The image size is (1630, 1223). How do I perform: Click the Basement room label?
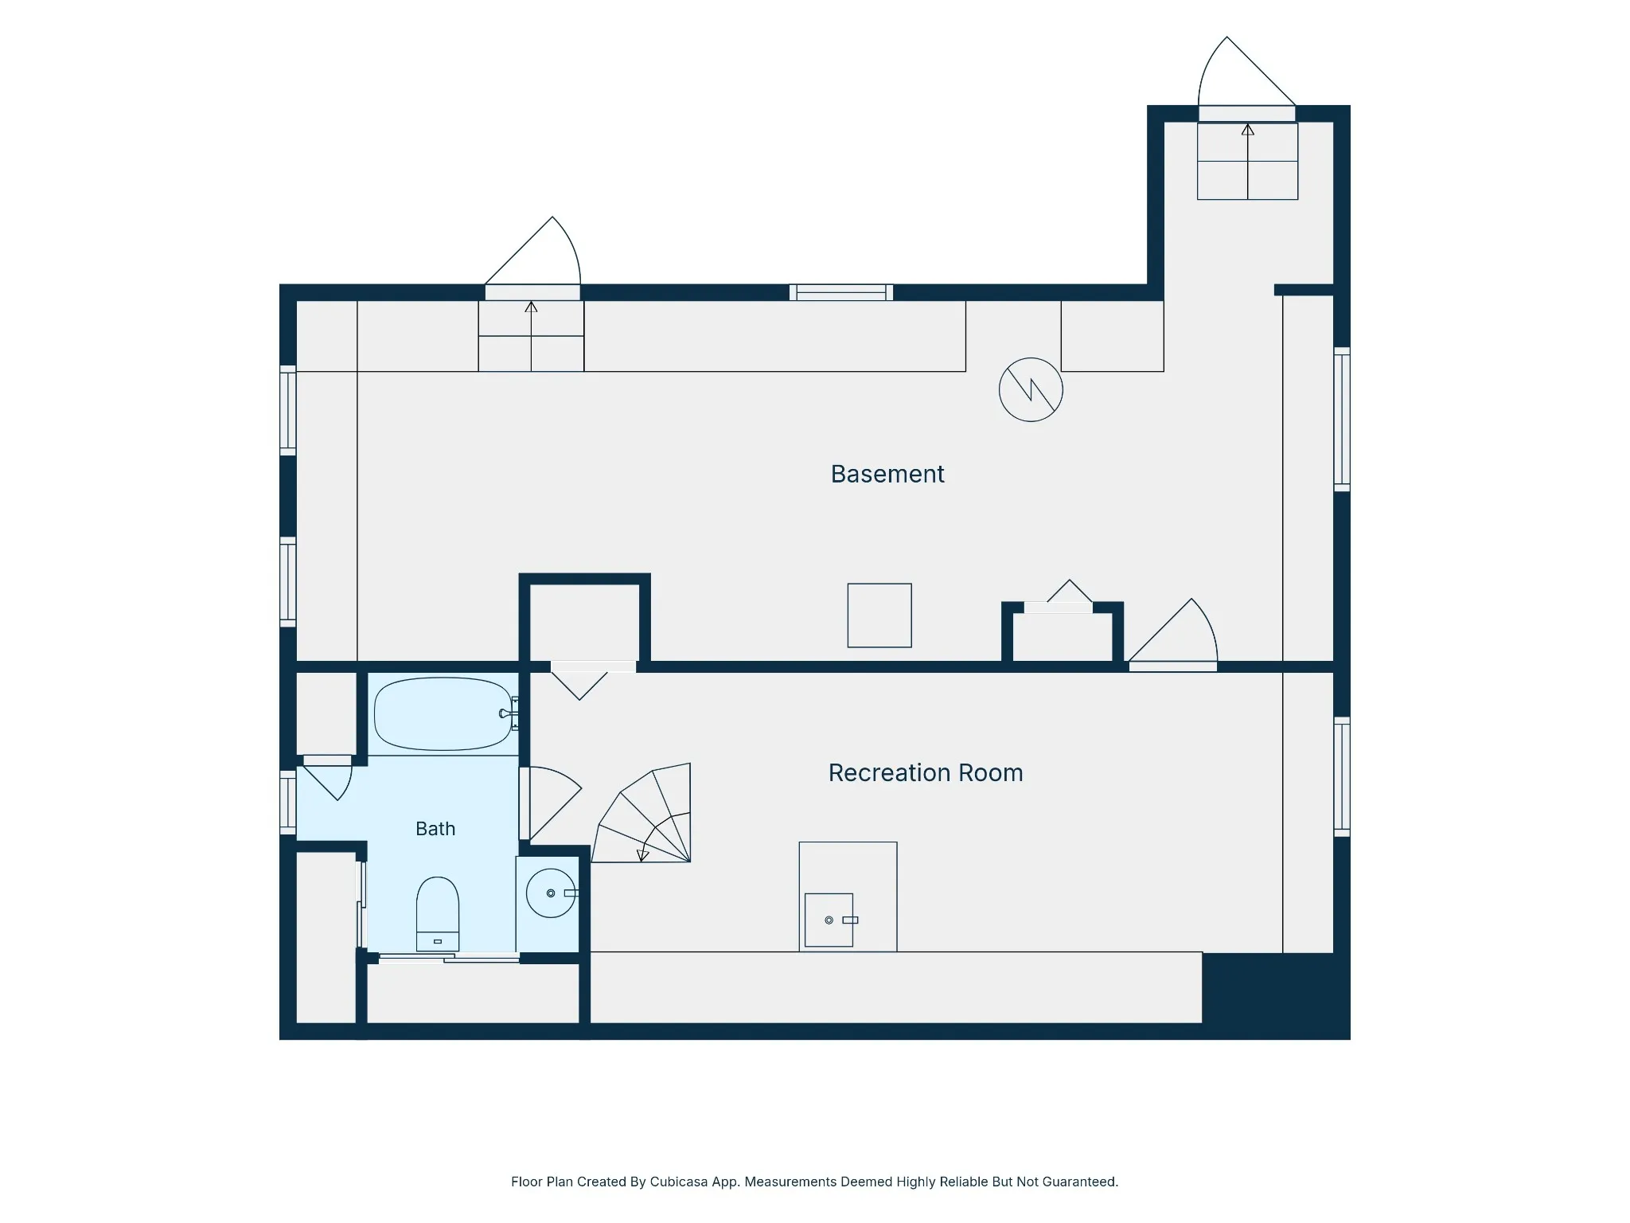[887, 474]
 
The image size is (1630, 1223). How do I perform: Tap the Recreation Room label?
[926, 772]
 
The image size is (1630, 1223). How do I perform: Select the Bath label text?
[435, 829]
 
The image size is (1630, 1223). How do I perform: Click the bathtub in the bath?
[443, 714]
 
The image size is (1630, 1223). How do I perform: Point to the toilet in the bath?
[438, 914]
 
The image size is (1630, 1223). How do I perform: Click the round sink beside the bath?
[551, 893]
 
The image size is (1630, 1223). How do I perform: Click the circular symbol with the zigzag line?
[1031, 389]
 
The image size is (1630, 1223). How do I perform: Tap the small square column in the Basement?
[879, 615]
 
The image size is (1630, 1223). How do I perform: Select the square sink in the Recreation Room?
[829, 920]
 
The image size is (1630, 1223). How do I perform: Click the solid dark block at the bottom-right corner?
[1276, 995]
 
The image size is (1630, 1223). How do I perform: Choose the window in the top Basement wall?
[841, 292]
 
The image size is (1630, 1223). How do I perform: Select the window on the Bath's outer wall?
[288, 802]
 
